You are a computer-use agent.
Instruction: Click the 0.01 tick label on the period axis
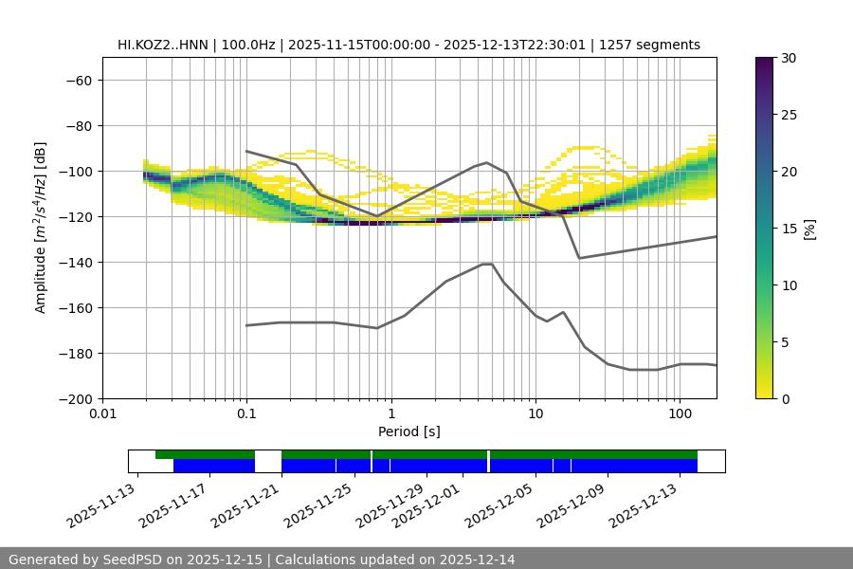coord(102,414)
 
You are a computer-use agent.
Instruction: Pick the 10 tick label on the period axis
coord(535,414)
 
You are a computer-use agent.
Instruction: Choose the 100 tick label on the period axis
coord(680,414)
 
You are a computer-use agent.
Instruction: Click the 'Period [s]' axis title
coord(408,431)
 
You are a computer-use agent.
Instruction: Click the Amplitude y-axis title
coord(41,228)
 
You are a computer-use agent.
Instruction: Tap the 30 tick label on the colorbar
coord(788,58)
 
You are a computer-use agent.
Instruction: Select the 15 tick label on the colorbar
coord(788,229)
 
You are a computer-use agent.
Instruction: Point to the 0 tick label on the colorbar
coord(785,398)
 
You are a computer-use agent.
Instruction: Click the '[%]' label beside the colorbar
coord(808,229)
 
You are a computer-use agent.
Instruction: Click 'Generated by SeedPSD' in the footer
coord(84,560)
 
